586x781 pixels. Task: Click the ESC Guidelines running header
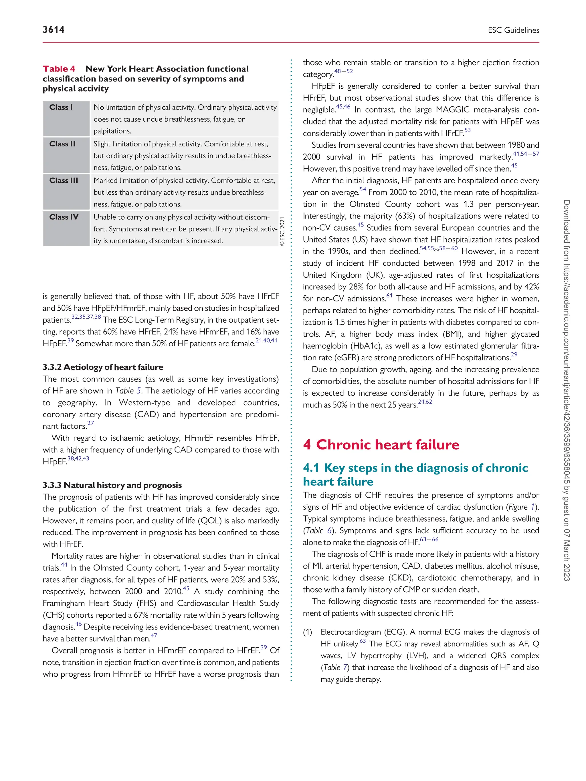click(x=513, y=30)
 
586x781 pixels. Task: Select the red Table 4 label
click(x=59, y=69)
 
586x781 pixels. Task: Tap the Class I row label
click(x=61, y=107)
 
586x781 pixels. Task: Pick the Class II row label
click(x=63, y=144)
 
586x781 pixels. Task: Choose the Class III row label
click(x=64, y=180)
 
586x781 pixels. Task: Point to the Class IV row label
click(x=64, y=217)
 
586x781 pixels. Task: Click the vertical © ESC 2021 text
click(x=283, y=232)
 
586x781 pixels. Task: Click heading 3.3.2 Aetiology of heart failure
click(x=103, y=367)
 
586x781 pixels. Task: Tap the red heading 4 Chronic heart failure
click(x=381, y=444)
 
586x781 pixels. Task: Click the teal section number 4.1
click(x=311, y=468)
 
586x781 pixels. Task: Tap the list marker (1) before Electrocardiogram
click(x=308, y=632)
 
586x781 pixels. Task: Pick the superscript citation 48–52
click(x=344, y=71)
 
